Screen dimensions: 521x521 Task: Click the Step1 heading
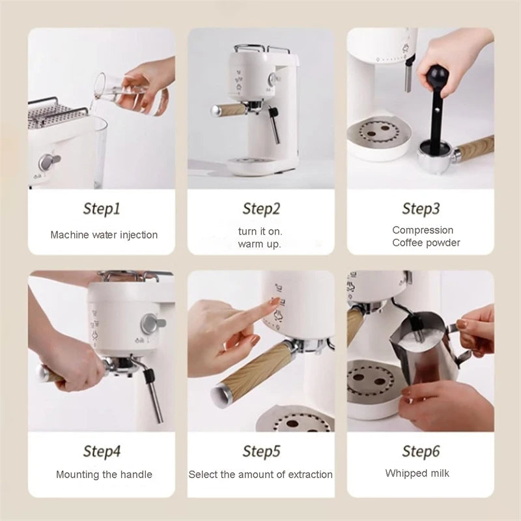[102, 209]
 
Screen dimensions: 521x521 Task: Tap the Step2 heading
[261, 209]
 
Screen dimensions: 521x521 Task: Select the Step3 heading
[421, 209]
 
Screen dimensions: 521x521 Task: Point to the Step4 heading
[102, 451]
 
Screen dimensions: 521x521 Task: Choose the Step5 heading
[261, 451]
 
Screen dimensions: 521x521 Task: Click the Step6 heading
[421, 451]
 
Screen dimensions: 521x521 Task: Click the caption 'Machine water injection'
[104, 234]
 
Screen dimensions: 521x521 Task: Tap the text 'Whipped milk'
[417, 473]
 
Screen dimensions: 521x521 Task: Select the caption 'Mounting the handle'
[104, 475]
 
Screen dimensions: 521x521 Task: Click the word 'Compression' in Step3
[423, 230]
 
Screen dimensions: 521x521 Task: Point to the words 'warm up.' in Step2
[259, 244]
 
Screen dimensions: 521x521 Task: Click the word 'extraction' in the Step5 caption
[307, 475]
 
